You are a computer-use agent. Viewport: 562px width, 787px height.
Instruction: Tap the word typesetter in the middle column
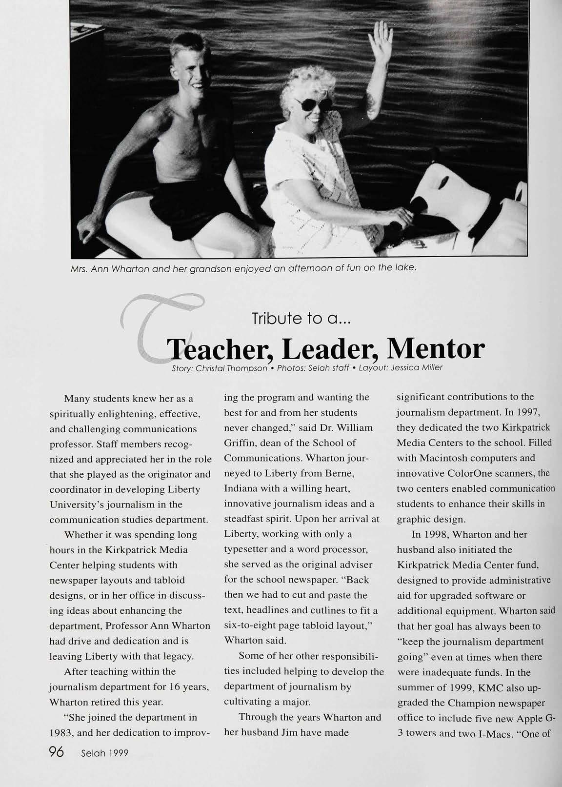pyautogui.click(x=247, y=549)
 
